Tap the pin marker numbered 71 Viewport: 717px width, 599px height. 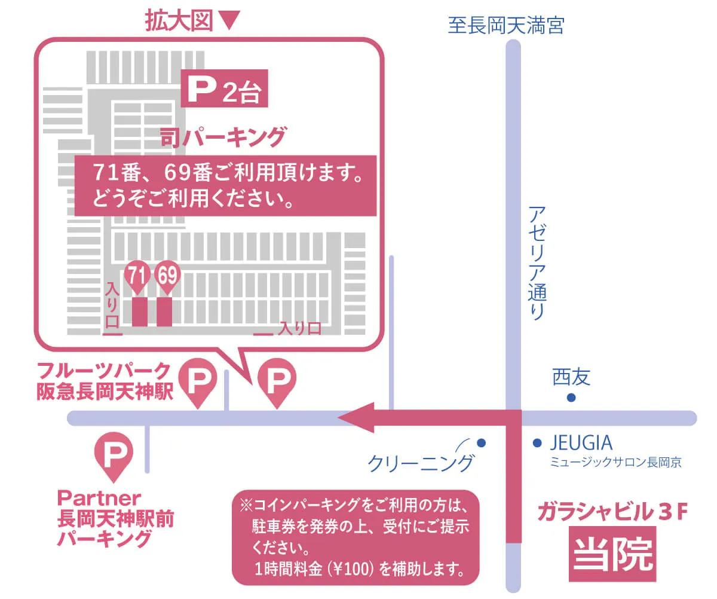pos(137,277)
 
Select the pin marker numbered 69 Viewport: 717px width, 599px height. pos(167,277)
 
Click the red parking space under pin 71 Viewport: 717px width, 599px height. pos(139,311)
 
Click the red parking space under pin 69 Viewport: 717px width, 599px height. pos(164,311)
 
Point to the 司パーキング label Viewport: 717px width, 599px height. pos(222,137)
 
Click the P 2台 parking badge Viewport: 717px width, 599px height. pos(223,90)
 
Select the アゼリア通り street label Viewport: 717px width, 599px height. pos(537,262)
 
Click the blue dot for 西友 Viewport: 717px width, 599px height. pos(571,398)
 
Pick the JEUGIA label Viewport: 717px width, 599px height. pos(581,443)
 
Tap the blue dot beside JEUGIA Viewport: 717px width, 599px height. pos(537,443)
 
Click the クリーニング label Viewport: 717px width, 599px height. pos(421,463)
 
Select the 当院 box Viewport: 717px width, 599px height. pos(612,554)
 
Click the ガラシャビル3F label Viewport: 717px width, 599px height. pos(613,513)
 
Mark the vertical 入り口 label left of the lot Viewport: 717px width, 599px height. pos(112,304)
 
